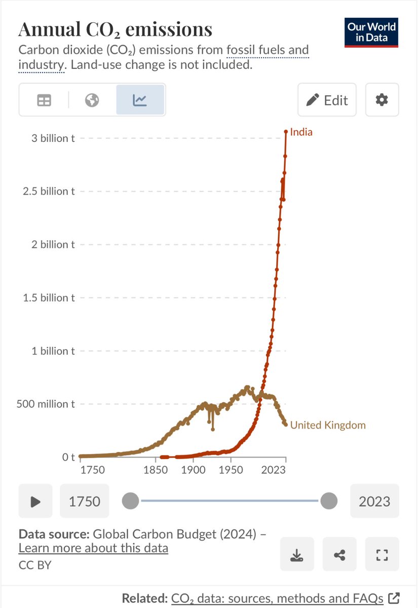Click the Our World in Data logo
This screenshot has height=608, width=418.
[371, 32]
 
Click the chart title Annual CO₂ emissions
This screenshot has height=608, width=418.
[115, 30]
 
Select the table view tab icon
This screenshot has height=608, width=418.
[44, 100]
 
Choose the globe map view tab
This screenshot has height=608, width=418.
[92, 100]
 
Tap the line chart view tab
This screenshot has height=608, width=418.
[140, 100]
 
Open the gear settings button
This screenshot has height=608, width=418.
[381, 100]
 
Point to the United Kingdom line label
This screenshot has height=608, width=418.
[327, 425]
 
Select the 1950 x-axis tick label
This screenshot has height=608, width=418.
[231, 470]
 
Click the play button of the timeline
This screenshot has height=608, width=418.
[35, 502]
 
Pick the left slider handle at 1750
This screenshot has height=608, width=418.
[131, 502]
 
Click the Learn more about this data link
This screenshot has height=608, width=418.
[93, 548]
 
